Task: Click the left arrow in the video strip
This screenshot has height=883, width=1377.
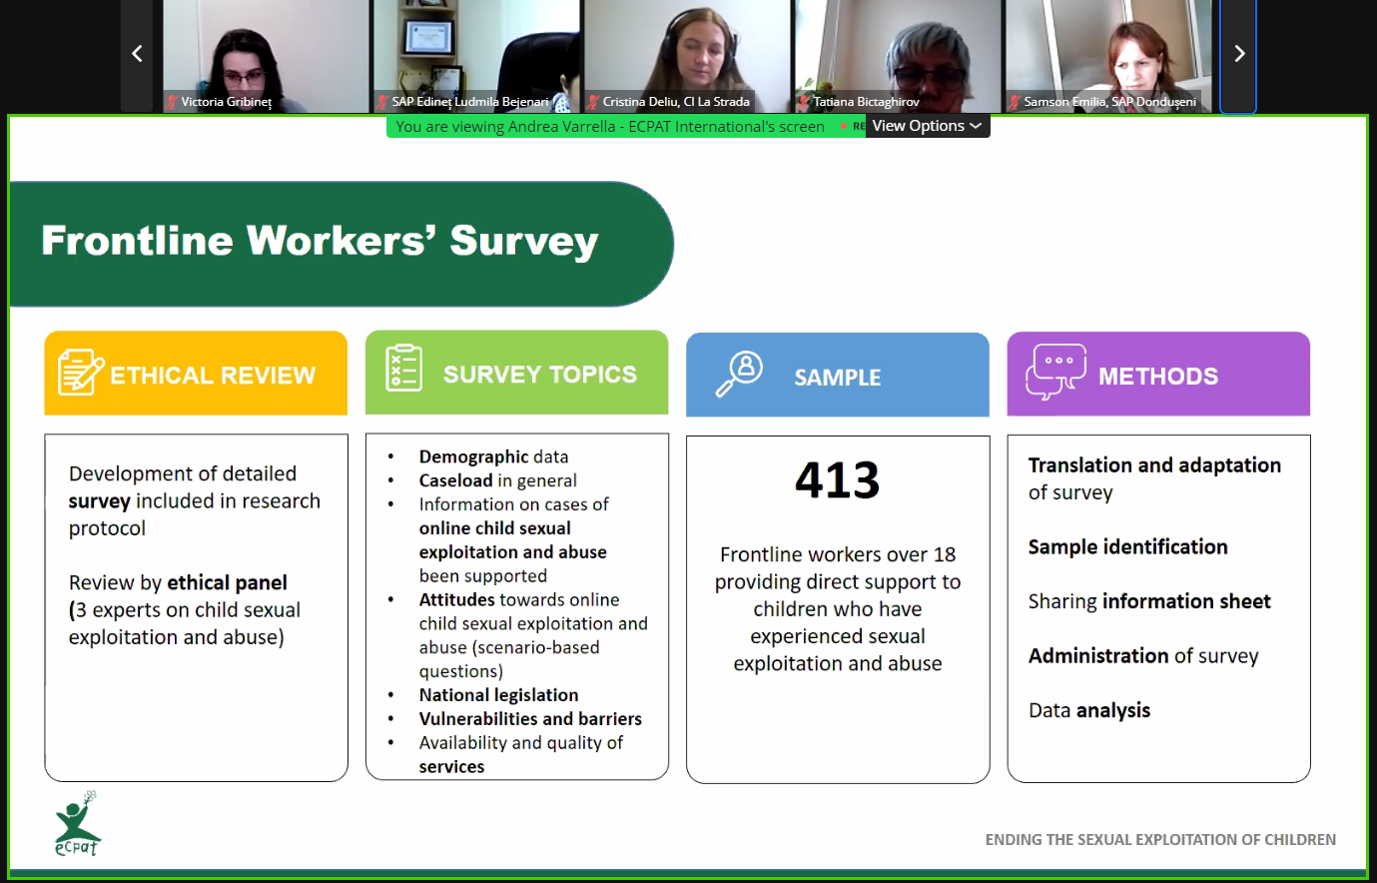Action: coord(137,54)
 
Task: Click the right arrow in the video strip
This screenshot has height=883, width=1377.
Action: coord(1239,54)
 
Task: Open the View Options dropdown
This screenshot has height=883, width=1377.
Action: coord(927,126)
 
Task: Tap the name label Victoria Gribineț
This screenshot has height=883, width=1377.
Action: coord(227,102)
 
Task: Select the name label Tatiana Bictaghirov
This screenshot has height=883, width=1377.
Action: coord(866,102)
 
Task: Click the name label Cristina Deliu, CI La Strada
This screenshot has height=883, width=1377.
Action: coord(676,102)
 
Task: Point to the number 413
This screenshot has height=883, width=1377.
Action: coord(837,479)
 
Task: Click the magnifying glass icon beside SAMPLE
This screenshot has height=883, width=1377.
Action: coord(739,374)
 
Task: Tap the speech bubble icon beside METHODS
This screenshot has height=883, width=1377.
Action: coord(1055,372)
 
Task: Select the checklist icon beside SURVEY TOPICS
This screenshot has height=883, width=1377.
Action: coord(403,368)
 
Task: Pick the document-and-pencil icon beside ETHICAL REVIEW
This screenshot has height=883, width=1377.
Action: coord(80,372)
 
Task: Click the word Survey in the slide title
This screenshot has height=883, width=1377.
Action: coord(524,241)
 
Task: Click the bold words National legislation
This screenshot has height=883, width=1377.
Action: coord(498,695)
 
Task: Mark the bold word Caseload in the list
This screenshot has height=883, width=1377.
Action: coord(456,480)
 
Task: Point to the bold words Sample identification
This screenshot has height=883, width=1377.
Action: coord(1128,546)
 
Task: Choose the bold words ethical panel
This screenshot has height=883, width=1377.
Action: coord(227,582)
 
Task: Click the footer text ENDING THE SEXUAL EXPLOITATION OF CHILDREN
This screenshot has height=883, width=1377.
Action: coord(1160,839)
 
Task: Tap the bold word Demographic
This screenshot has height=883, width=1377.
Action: coord(473,456)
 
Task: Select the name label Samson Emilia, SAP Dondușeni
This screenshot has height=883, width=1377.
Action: coord(1109,102)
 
